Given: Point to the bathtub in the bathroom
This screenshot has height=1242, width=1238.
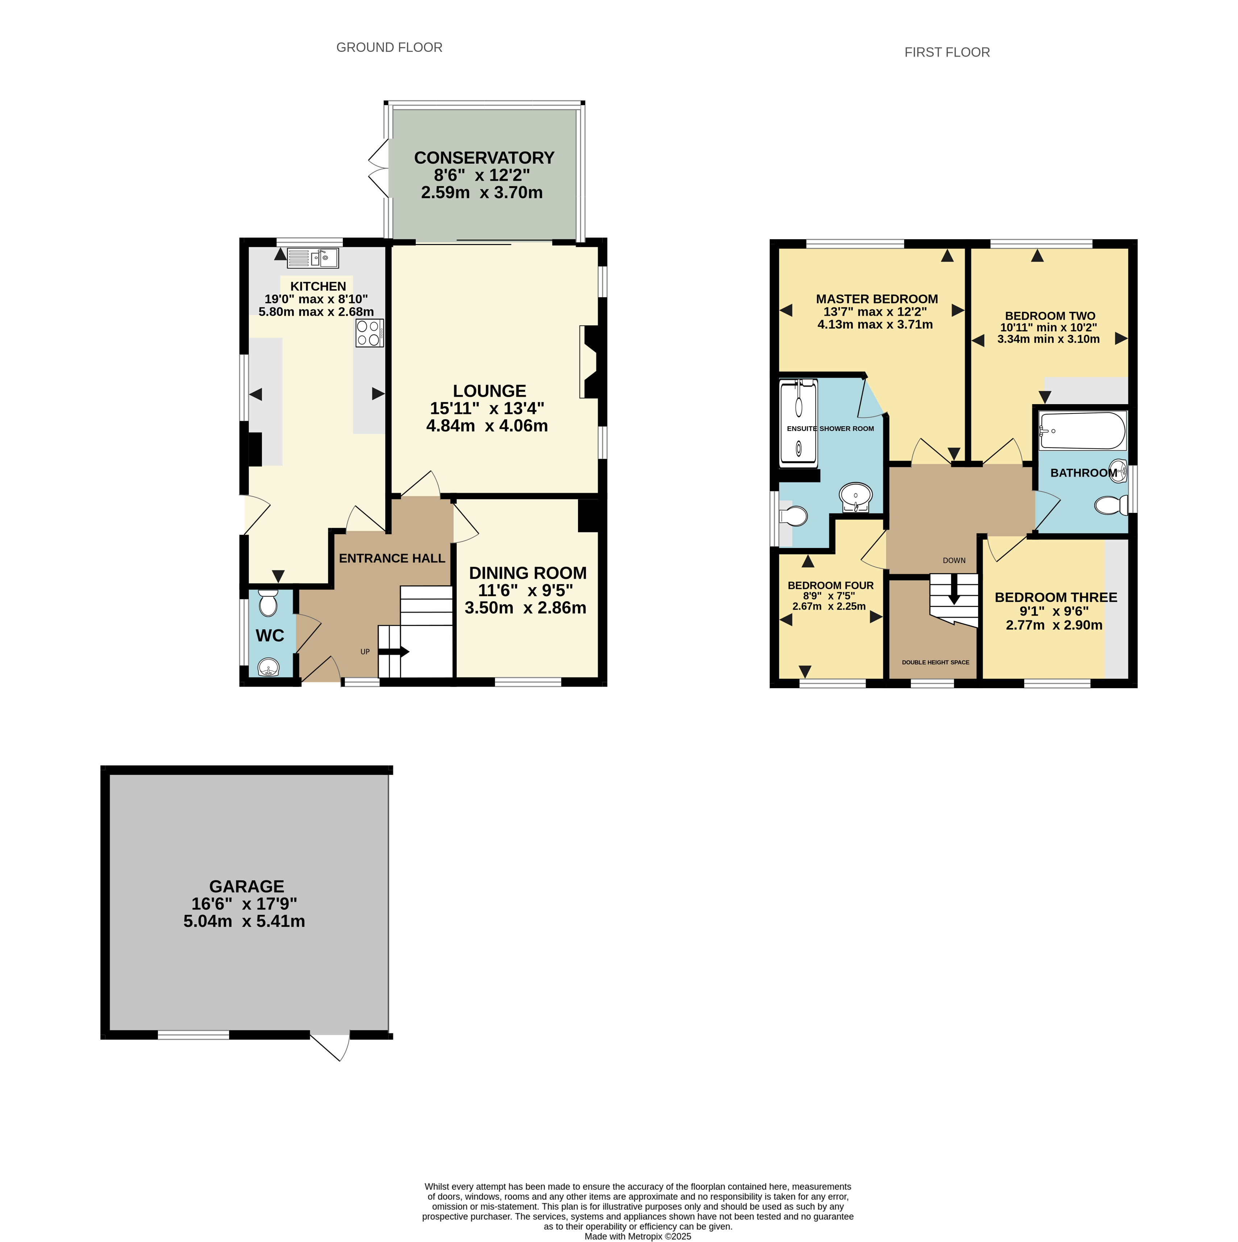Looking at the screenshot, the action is (x=1083, y=431).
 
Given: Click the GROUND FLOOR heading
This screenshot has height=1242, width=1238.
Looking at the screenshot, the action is (x=390, y=47).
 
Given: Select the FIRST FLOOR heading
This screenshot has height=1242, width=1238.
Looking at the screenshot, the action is (x=947, y=53).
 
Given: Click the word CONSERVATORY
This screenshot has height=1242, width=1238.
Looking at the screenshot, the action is (x=484, y=158).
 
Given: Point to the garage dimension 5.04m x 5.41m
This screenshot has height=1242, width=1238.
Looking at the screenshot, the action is (x=244, y=921).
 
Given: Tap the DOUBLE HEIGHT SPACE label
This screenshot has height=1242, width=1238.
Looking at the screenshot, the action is (x=935, y=662).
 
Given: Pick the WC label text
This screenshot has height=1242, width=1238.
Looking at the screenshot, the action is (x=270, y=636).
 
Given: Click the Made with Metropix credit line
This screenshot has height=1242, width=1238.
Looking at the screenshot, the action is (x=637, y=1236).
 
